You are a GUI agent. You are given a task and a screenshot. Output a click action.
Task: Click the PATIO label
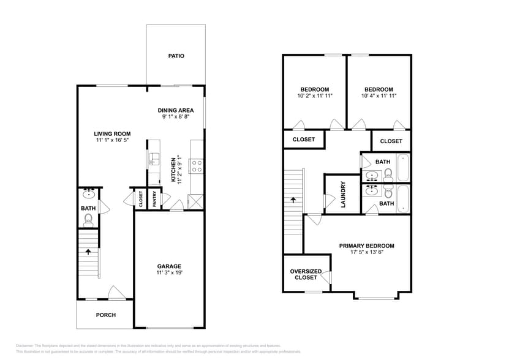pos(176,56)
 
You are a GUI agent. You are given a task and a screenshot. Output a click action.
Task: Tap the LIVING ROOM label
pos(112,133)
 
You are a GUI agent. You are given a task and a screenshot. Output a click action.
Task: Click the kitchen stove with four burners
pos(197,164)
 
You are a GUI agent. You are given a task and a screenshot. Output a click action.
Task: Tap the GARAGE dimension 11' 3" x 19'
pos(169,274)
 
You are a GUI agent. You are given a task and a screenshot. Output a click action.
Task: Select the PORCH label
pos(105,315)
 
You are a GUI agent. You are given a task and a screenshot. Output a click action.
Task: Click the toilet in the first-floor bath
pos(88,219)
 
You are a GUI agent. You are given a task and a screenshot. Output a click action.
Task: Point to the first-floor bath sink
pos(89,195)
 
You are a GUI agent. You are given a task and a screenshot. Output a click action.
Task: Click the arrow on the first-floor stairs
pos(88,251)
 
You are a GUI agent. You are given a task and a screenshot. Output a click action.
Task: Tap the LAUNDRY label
pos(344,194)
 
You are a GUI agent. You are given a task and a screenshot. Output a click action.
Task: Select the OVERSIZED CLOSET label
pos(304,274)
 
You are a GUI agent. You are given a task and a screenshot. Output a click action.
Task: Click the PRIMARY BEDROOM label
pos(367,246)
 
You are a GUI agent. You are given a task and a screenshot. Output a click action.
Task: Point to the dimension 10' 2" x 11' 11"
pos(315,96)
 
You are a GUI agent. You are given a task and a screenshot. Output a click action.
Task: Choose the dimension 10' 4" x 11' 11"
pos(379,96)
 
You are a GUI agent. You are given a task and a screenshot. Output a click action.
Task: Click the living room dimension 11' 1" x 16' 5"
pos(112,141)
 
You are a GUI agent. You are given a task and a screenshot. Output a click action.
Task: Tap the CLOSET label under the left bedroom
pos(304,140)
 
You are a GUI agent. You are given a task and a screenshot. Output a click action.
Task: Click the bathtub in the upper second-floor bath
pos(403,167)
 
